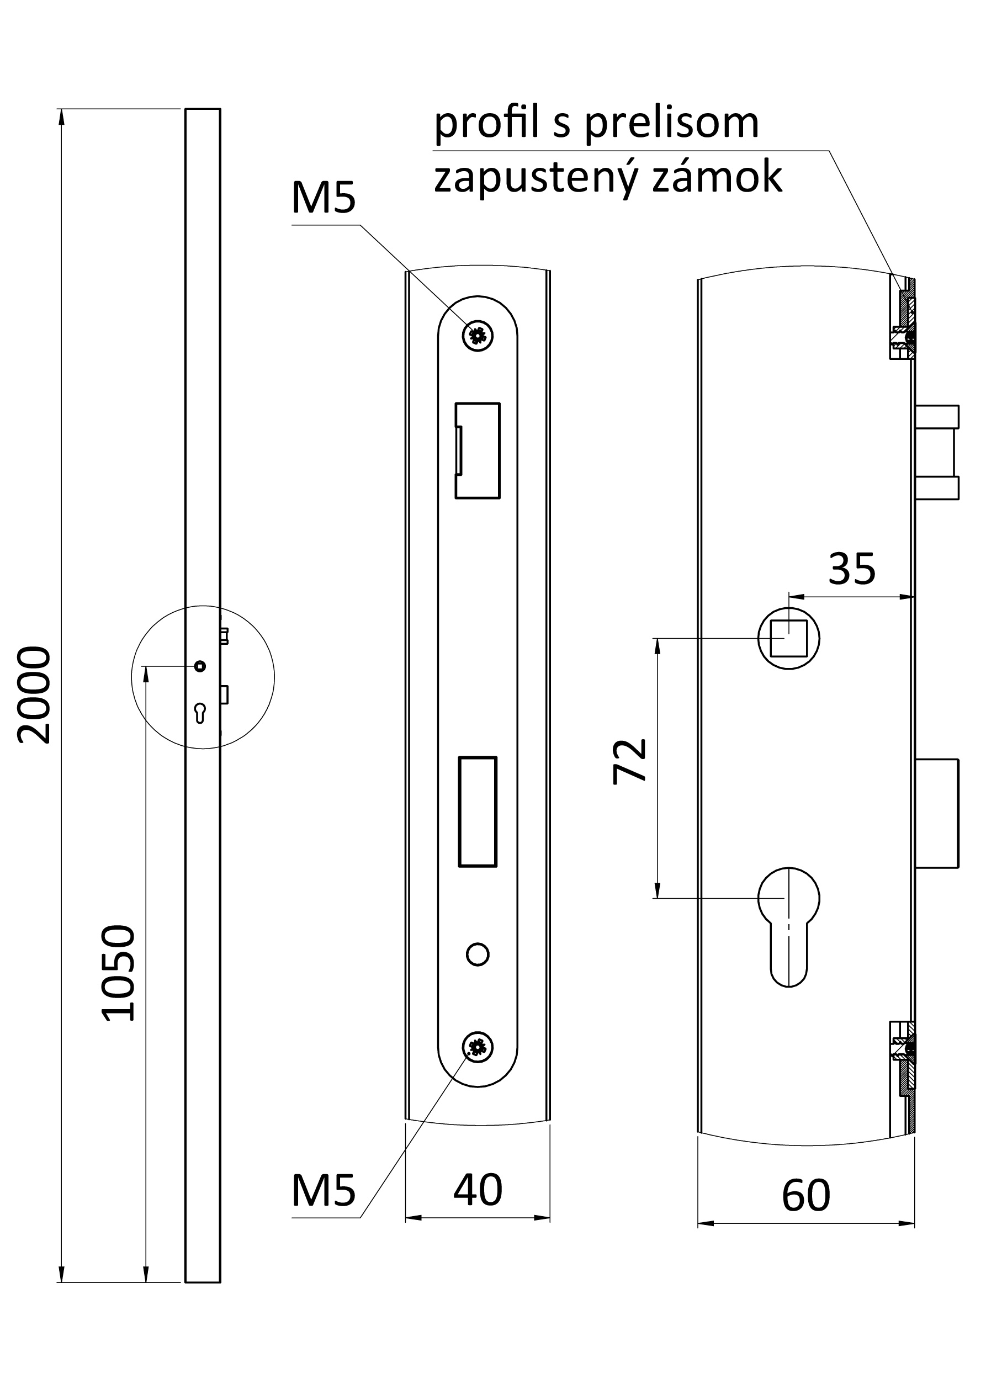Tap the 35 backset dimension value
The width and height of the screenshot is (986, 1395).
click(852, 569)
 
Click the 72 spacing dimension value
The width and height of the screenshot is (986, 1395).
click(629, 762)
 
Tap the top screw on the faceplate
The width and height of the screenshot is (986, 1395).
click(478, 336)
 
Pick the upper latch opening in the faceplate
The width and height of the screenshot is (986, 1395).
click(478, 450)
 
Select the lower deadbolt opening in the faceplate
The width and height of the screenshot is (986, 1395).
click(478, 811)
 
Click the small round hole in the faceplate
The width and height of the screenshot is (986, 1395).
click(478, 954)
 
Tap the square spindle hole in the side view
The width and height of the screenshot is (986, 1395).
click(788, 639)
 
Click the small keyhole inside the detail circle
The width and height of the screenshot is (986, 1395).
click(200, 713)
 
